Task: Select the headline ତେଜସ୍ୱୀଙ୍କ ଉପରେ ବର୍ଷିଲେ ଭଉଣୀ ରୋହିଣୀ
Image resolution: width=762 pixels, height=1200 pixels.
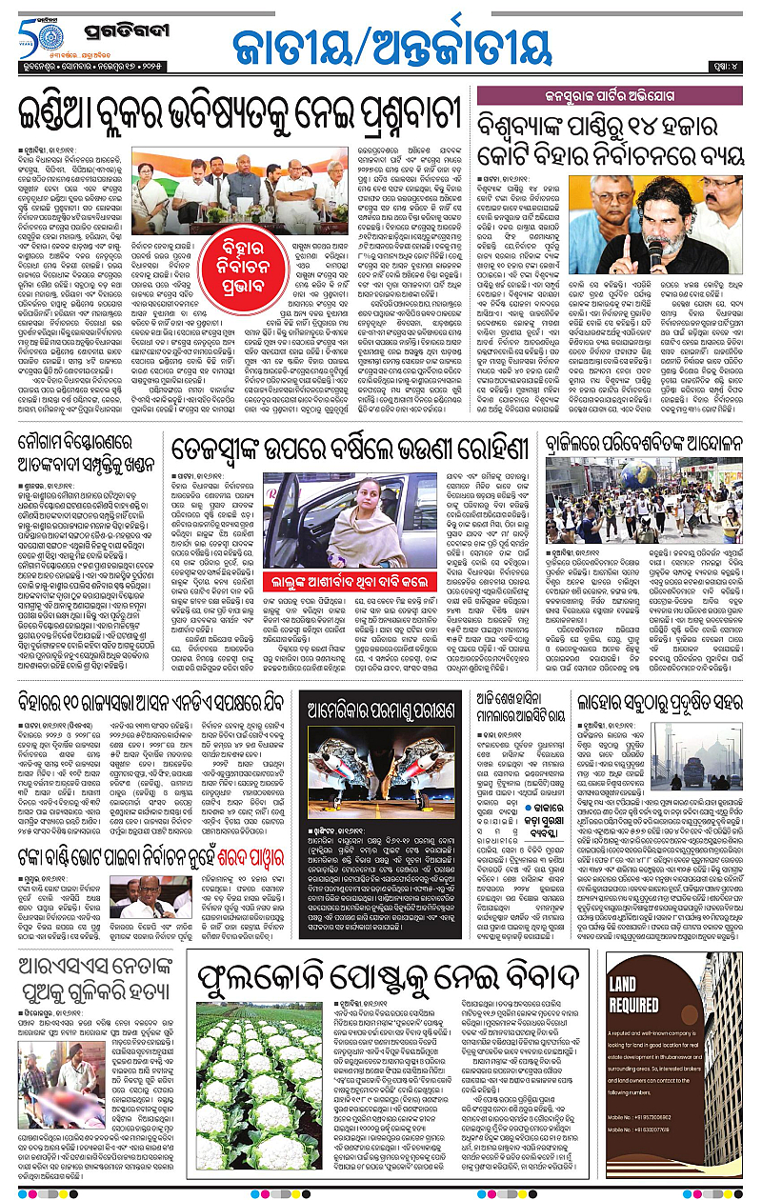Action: [x=349, y=448]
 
